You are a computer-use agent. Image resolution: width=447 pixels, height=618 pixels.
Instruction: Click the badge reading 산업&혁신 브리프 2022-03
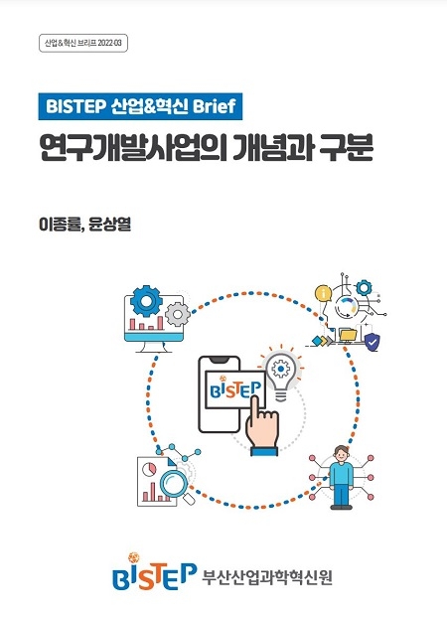[83, 44]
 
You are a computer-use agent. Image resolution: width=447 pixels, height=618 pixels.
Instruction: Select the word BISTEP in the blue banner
[75, 106]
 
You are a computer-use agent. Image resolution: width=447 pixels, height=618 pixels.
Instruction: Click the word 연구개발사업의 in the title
[133, 148]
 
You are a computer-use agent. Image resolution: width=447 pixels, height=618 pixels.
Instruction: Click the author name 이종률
[59, 225]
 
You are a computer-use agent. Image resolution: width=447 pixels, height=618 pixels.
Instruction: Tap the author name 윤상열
[109, 225]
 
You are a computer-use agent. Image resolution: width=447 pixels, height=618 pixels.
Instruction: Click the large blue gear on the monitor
[146, 301]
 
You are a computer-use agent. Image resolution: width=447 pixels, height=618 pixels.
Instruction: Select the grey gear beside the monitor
[178, 314]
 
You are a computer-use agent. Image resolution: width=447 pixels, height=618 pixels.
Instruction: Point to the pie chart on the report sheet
[149, 469]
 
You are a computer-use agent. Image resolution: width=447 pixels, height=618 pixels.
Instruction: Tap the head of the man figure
[341, 453]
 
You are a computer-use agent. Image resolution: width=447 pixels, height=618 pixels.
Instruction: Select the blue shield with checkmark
[372, 342]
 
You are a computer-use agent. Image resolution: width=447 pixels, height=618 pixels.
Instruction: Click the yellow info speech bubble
[323, 294]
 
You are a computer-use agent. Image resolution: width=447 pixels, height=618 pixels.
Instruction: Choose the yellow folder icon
[348, 335]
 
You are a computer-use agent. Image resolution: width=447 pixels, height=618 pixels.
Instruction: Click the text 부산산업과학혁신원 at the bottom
[267, 577]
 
